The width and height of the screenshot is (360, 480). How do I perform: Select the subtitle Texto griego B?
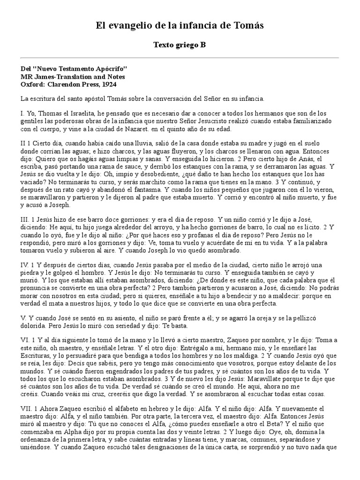[180, 45]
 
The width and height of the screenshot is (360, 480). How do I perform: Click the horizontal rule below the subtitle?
[180, 58]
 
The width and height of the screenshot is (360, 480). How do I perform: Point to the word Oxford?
[33, 84]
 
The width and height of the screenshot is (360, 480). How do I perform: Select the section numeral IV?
[25, 265]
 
